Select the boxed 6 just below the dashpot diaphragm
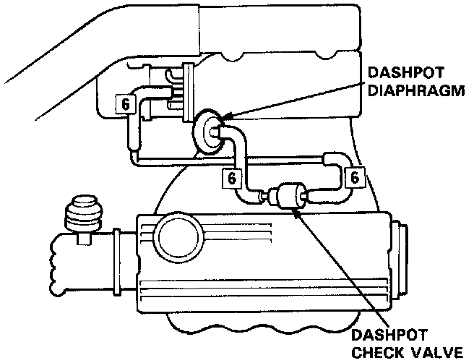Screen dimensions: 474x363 point(230,176)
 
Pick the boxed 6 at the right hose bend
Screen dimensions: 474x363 point(354,176)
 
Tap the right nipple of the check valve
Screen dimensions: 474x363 point(308,195)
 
